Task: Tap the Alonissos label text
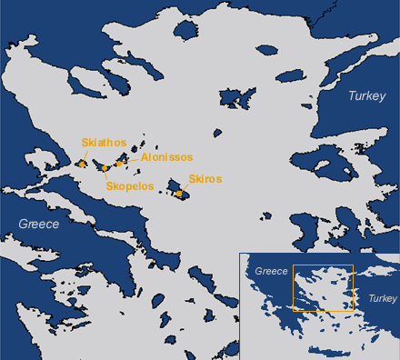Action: point(166,157)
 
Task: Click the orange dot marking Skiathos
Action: point(81,165)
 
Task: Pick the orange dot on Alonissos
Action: point(119,163)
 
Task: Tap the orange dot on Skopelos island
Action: point(105,168)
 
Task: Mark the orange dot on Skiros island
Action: point(180,193)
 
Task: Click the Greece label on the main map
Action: point(39,224)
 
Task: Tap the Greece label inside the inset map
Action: point(270,271)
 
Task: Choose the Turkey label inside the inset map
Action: point(383,298)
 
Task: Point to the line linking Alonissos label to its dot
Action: point(128,159)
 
